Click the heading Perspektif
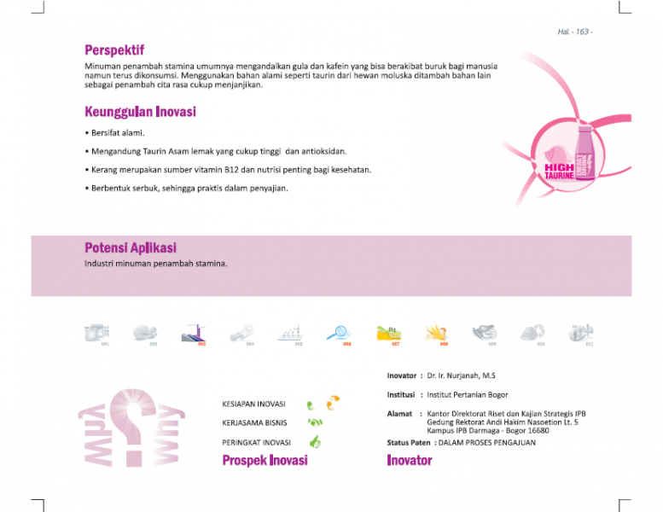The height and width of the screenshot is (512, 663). point(114,50)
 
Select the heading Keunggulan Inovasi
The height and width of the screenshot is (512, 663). point(140,112)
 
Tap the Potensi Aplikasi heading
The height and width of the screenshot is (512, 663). point(131,248)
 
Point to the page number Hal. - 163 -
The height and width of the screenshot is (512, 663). point(575,32)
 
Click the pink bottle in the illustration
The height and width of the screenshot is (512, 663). point(585,156)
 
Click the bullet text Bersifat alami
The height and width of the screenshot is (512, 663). point(118,133)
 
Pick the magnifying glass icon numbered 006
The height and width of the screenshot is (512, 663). point(338,332)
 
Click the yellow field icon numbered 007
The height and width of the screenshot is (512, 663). point(388,332)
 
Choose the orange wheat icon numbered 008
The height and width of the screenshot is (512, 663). point(436,332)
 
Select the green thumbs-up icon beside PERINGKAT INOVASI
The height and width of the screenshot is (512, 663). point(315,442)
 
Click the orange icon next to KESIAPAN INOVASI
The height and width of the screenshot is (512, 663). point(333,400)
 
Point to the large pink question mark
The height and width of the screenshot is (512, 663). point(134,426)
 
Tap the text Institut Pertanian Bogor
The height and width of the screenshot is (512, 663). point(468,395)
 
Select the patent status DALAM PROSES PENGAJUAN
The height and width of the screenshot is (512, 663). point(486,443)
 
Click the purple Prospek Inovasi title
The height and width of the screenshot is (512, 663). point(265,461)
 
